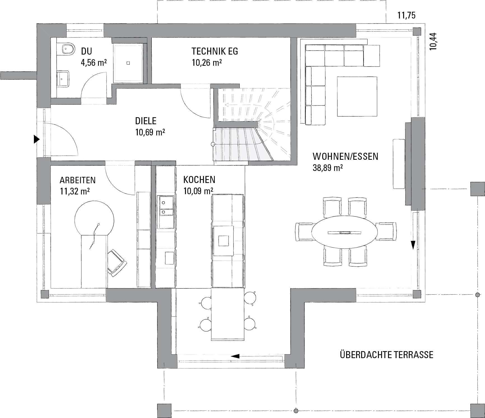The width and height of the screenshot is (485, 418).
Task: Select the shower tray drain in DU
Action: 129,63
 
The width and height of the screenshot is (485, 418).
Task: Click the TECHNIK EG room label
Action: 215,51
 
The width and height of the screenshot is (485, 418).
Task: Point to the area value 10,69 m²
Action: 150,132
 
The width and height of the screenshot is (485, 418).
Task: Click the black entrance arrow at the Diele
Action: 36,139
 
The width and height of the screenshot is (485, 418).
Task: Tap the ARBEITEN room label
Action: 78,180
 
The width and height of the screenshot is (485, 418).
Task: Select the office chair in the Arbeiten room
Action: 117,263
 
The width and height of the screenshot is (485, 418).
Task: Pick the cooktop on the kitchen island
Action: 223,241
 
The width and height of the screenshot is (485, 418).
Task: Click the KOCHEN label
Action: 199,180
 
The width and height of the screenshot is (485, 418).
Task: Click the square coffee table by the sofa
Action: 357,96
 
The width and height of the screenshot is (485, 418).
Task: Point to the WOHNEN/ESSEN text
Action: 346,156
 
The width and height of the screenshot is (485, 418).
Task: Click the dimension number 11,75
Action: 407,15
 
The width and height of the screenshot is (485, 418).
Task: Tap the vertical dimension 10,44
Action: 433,41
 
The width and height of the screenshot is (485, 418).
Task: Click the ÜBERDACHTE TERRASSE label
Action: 387,355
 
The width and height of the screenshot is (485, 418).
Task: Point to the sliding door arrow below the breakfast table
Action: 235,356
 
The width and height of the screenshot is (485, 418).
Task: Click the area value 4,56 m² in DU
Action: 94,62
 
